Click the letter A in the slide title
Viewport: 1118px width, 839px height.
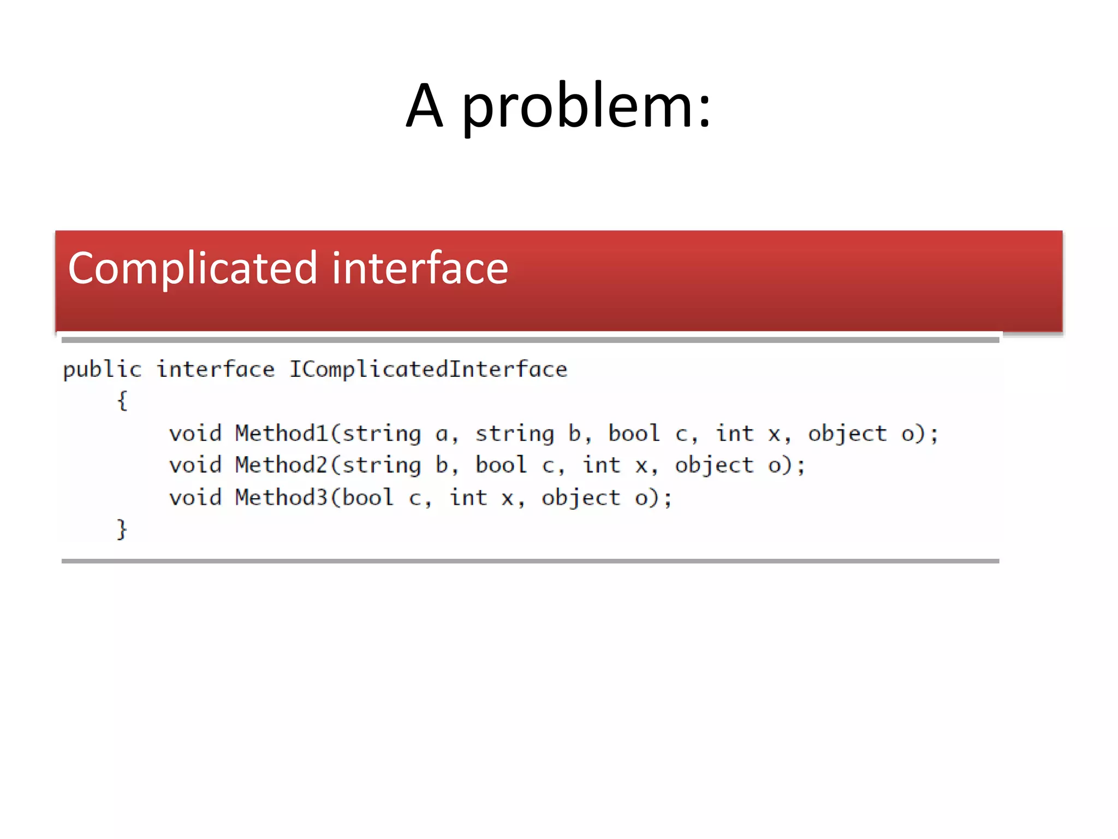(424, 107)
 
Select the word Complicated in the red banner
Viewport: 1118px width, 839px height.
(192, 269)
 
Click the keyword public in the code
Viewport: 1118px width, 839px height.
(102, 370)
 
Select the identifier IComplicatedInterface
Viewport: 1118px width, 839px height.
(428, 370)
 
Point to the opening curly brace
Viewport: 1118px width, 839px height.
(122, 401)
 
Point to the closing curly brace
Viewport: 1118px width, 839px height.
(122, 529)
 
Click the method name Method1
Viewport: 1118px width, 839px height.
(281, 434)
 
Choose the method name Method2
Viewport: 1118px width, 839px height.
(281, 465)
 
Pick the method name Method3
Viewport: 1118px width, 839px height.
(281, 498)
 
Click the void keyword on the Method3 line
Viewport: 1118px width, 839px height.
(195, 498)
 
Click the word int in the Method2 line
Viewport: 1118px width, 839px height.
(602, 465)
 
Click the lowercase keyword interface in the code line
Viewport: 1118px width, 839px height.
(216, 370)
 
